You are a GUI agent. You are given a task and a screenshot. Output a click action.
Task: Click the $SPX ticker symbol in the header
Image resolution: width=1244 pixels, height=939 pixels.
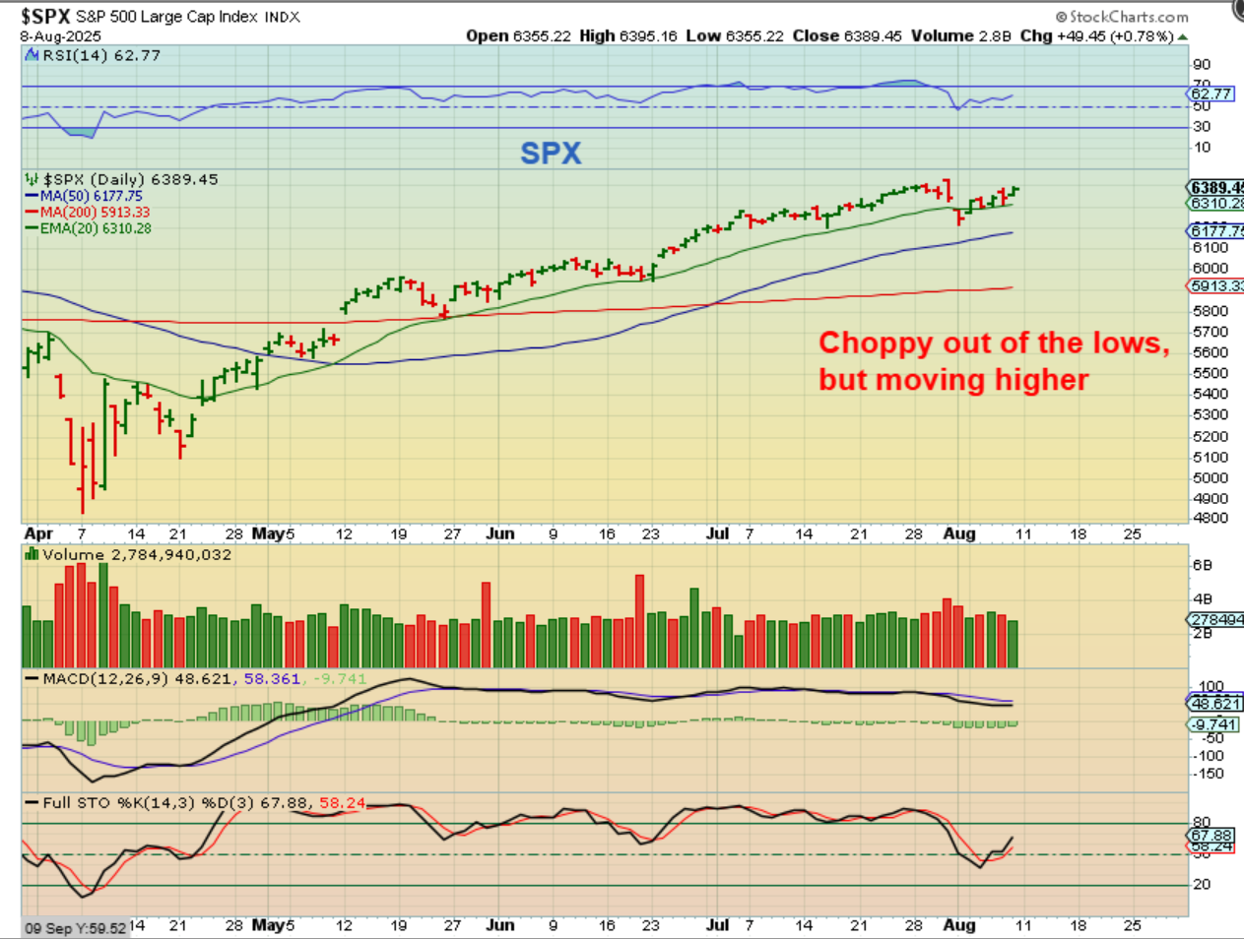point(45,17)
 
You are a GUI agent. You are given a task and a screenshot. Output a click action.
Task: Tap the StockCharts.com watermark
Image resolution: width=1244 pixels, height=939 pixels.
point(1122,17)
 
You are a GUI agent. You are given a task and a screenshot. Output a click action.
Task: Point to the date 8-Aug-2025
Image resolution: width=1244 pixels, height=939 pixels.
point(61,36)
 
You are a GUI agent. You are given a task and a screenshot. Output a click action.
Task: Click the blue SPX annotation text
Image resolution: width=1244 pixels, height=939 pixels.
point(551,154)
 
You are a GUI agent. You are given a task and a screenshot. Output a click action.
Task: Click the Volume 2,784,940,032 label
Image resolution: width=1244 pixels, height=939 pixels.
point(136,555)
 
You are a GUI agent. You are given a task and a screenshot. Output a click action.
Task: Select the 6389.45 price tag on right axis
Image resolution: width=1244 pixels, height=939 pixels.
point(1215,188)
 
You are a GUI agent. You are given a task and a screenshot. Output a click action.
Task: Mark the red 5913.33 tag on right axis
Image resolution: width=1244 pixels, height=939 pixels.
point(1215,286)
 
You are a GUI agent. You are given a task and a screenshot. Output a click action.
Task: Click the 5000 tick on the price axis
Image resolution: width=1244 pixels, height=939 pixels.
point(1211,478)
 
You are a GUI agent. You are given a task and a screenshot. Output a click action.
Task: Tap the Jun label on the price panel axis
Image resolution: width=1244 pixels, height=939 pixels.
point(500,533)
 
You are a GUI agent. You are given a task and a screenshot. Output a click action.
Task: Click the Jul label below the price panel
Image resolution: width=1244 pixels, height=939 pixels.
point(717,533)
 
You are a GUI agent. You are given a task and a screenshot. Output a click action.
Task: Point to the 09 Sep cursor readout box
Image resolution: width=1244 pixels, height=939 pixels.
point(76,928)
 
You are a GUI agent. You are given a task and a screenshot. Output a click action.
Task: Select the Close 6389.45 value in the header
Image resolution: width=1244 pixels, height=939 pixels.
point(847,36)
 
